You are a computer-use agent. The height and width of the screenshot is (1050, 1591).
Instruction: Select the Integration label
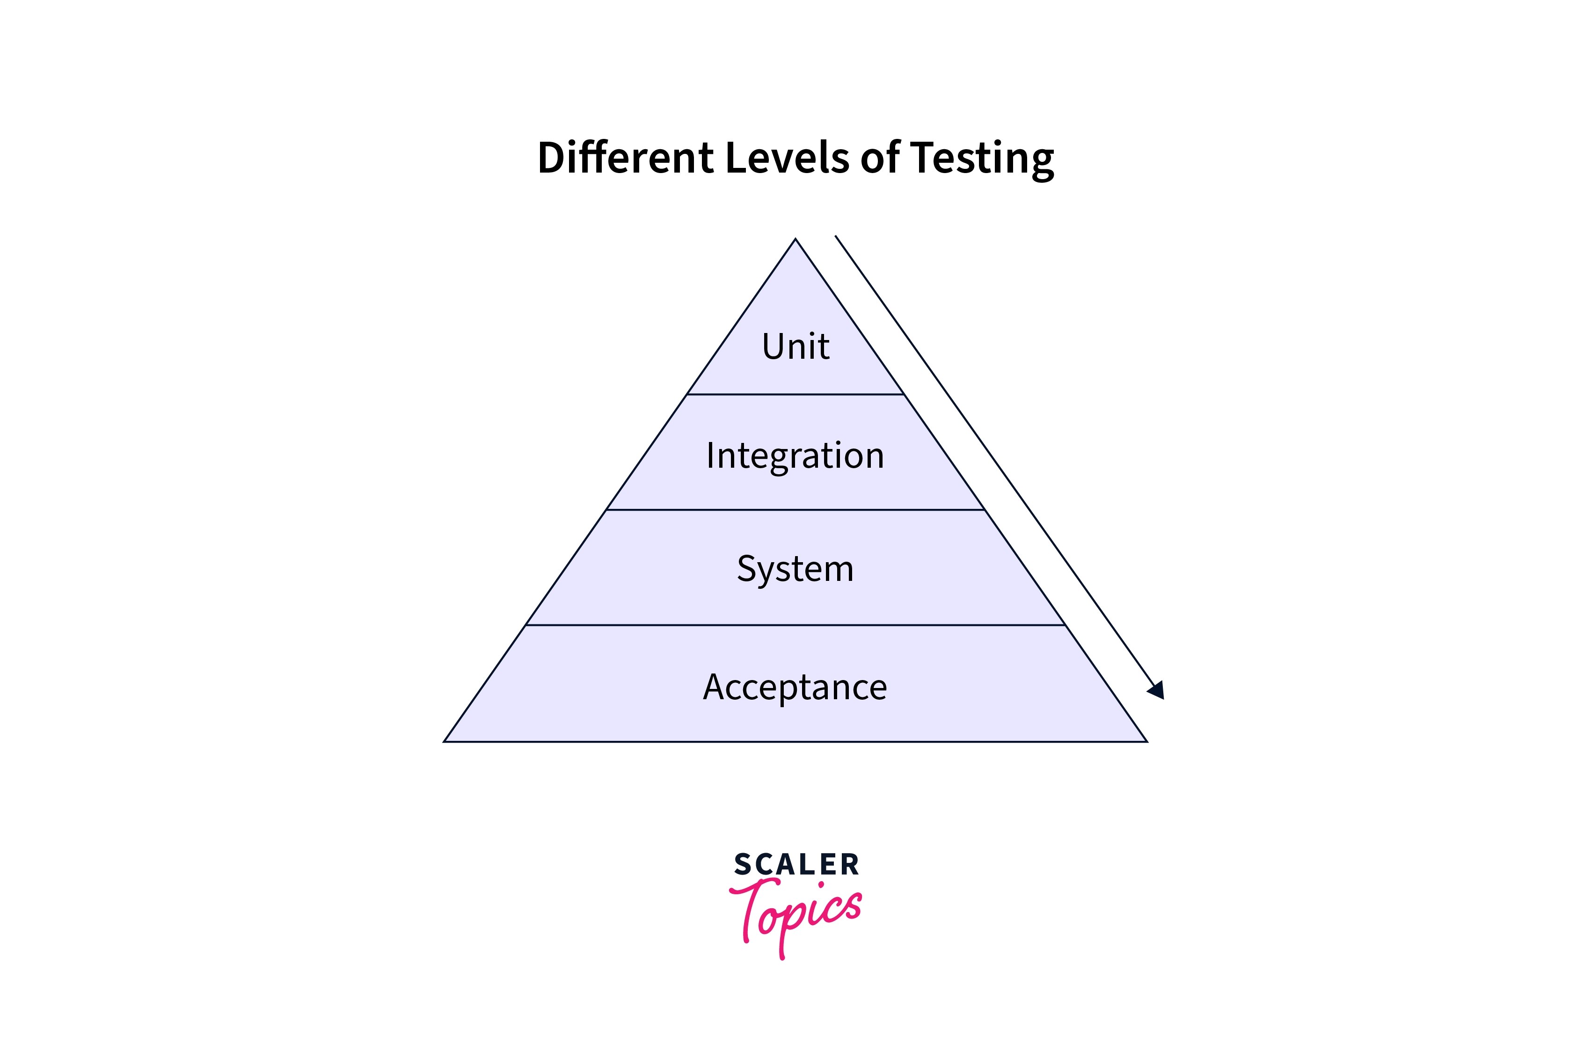coord(795,456)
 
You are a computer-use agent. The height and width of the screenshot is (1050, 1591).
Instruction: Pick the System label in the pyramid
coord(795,570)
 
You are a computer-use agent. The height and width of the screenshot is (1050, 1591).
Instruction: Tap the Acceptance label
coord(795,688)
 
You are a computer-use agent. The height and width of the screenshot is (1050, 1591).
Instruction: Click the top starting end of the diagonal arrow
coord(836,236)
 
